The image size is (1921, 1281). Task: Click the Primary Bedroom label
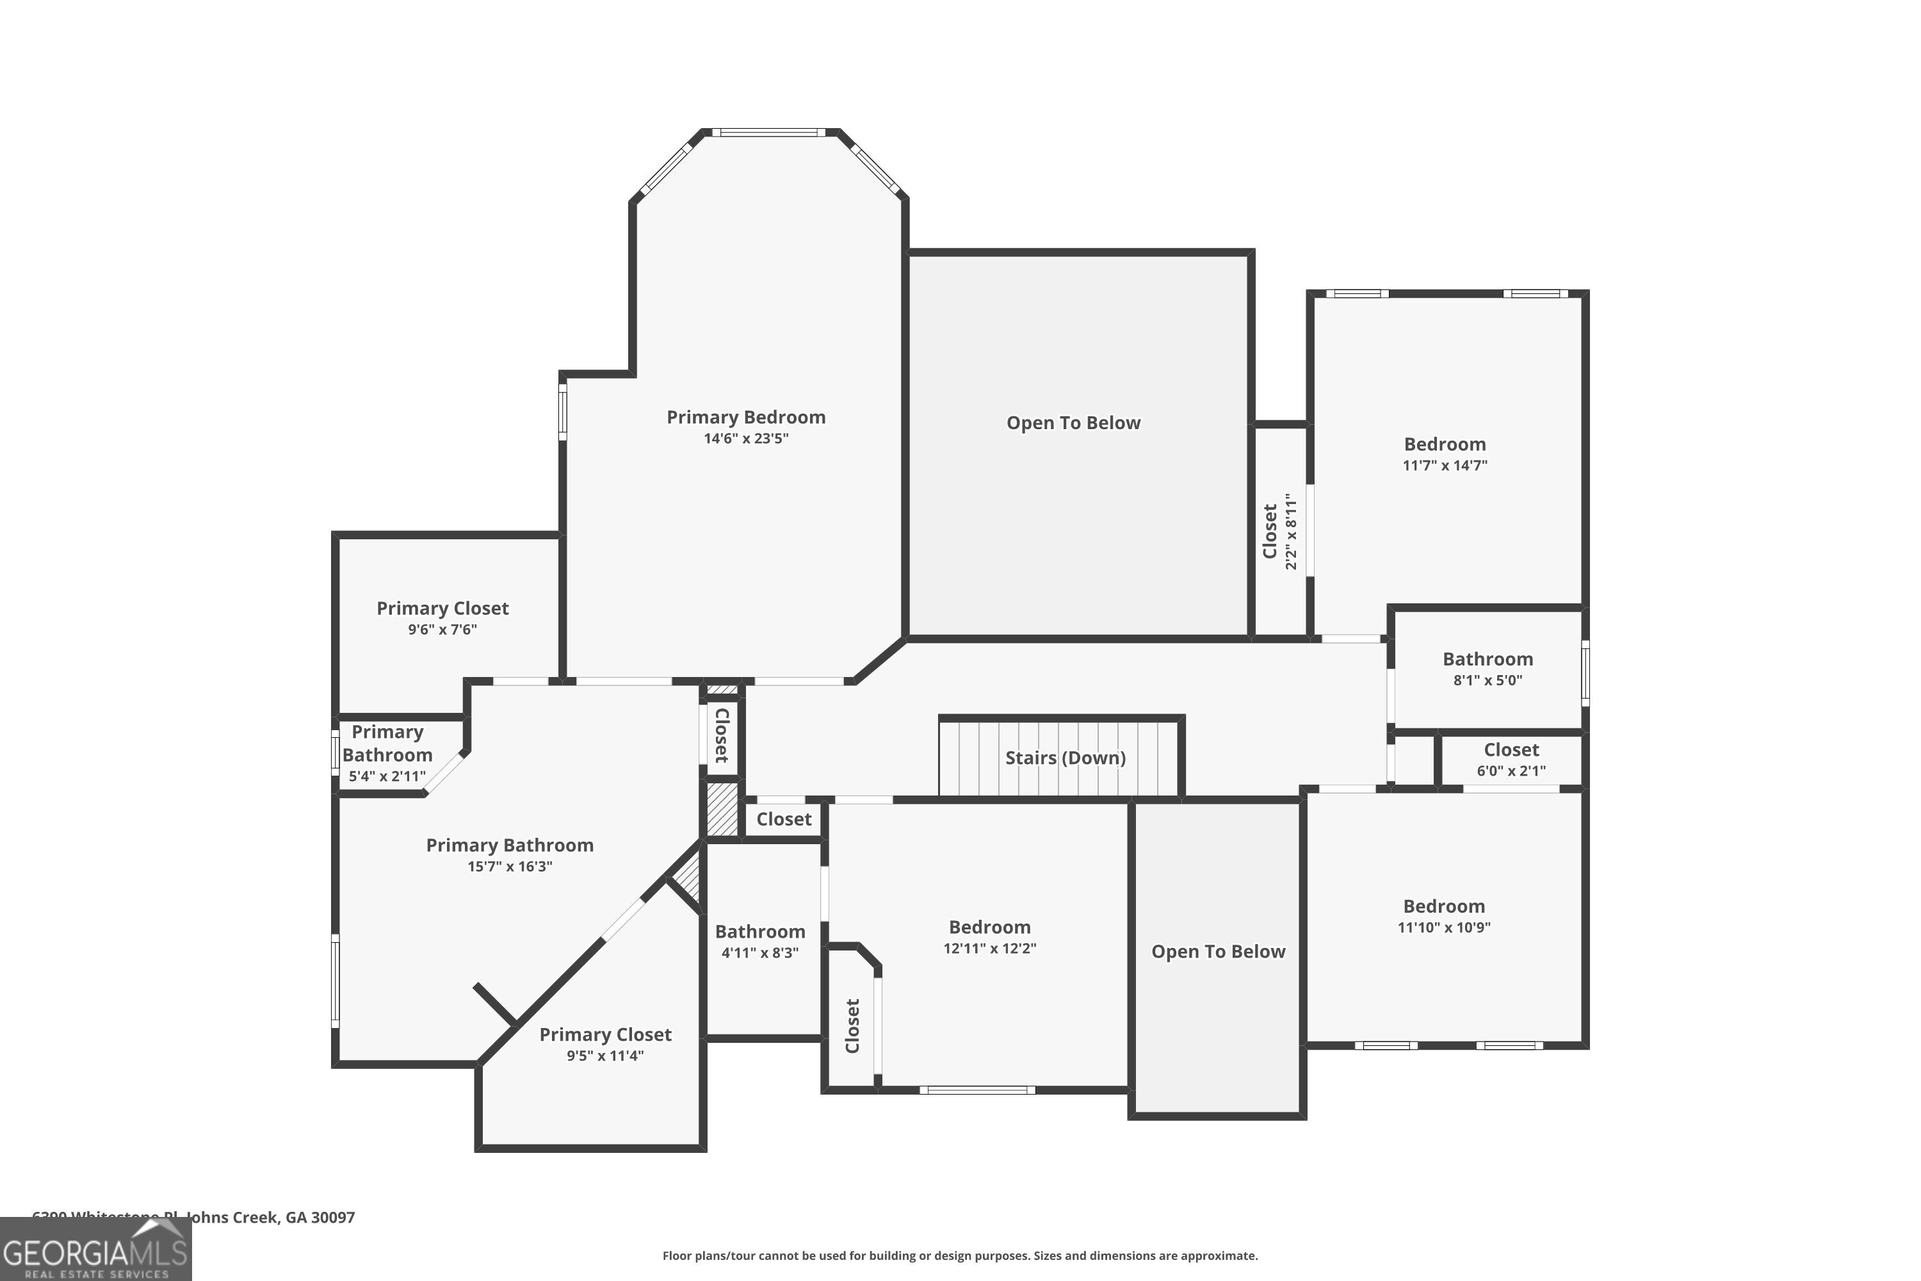click(x=746, y=418)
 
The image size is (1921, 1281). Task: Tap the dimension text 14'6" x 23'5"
click(x=746, y=439)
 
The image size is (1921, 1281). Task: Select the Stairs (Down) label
click(x=1065, y=758)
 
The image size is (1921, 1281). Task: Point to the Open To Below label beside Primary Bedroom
click(x=1073, y=423)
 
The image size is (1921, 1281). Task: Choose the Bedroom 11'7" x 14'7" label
click(x=1444, y=445)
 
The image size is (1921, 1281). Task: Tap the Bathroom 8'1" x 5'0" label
click(x=1487, y=659)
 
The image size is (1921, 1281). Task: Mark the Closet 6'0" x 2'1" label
click(x=1511, y=750)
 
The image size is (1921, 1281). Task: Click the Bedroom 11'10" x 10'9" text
click(x=1443, y=907)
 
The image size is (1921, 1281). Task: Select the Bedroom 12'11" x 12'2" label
click(x=989, y=927)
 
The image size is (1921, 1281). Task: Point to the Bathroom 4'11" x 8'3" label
click(x=759, y=932)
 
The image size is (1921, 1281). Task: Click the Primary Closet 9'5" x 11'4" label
click(x=605, y=1035)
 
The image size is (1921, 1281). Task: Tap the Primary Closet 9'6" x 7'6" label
click(x=442, y=608)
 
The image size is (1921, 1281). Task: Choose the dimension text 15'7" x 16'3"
click(x=510, y=867)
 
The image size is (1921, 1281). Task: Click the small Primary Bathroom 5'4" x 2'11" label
click(x=387, y=744)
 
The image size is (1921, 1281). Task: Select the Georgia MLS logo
click(x=95, y=1250)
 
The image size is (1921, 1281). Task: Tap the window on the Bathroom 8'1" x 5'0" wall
click(x=1584, y=673)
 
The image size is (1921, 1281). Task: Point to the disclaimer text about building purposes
click(x=960, y=1255)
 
